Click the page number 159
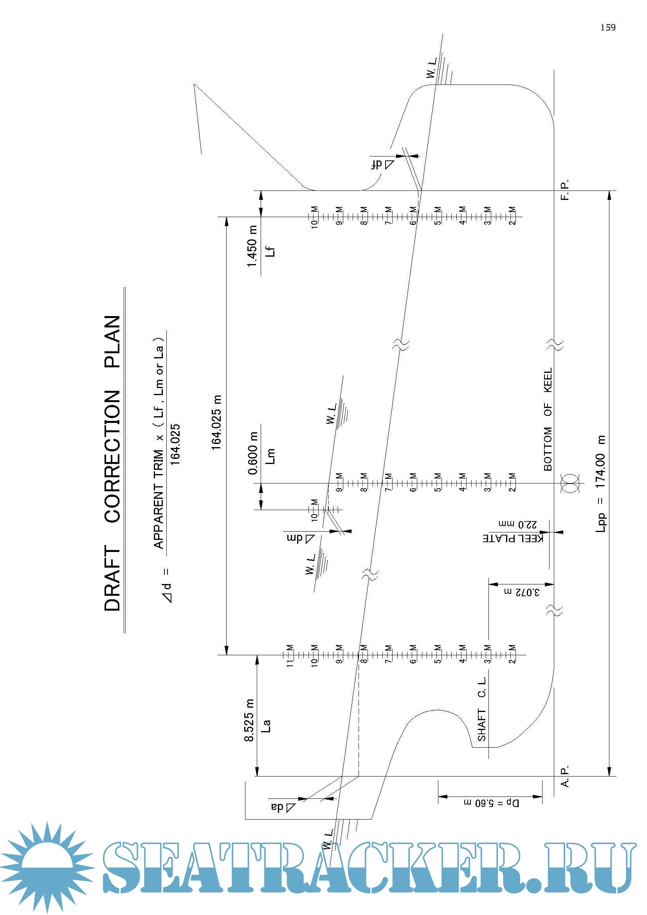[x=607, y=27]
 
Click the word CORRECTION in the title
[x=112, y=456]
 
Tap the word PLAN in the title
[x=112, y=342]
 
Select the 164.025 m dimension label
[x=216, y=423]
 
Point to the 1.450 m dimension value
[x=252, y=246]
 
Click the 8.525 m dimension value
[x=249, y=720]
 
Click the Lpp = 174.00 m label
[x=600, y=484]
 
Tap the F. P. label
[x=565, y=190]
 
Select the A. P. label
[x=565, y=776]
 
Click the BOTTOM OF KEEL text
[x=548, y=419]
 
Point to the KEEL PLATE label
[x=513, y=538]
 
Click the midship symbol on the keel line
[x=570, y=484]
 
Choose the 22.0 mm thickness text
[x=518, y=524]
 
